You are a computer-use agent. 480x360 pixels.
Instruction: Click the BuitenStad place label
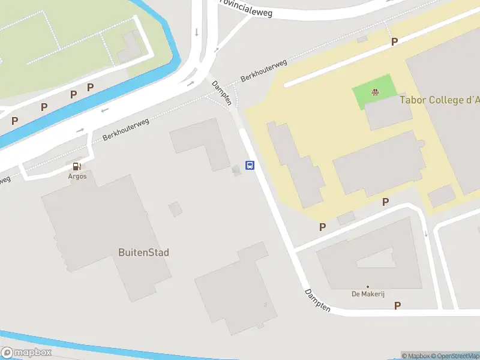coord(143,253)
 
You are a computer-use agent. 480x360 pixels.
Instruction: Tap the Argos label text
coord(77,176)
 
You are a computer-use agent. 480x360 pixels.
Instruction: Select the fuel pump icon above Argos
coord(77,166)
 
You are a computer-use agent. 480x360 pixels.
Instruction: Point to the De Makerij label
coord(367,294)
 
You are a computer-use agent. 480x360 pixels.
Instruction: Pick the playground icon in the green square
coord(375,92)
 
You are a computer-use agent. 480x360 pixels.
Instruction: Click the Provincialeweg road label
coord(246,7)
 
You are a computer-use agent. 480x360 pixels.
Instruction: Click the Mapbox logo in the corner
coord(26,353)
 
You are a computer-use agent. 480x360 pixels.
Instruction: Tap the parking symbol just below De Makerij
coord(397,305)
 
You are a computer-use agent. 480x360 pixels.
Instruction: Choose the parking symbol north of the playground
coord(395,41)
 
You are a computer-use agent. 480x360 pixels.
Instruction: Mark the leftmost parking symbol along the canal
coord(14,121)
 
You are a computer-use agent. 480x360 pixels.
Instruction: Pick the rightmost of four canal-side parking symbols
coord(90,88)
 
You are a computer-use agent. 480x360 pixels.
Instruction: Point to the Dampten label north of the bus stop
coord(221,93)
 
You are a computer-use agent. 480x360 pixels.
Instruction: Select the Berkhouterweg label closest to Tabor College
coord(264,70)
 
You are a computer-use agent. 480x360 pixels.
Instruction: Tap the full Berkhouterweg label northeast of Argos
coord(125,129)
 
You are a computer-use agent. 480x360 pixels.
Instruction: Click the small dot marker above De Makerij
coord(367,287)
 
